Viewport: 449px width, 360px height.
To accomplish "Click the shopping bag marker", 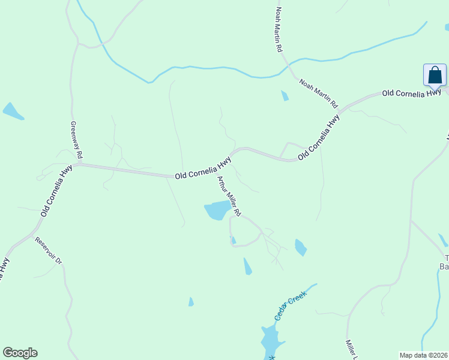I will click(x=435, y=76).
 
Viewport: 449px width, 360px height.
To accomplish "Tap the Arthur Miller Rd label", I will click(x=229, y=196).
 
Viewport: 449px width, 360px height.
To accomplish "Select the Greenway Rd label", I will click(x=76, y=139).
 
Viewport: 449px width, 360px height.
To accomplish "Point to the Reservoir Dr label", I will click(x=49, y=251).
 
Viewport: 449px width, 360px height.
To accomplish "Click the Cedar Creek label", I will click(x=291, y=305).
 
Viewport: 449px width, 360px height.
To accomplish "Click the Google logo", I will click(x=20, y=353).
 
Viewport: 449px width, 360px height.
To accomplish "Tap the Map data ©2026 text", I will click(x=423, y=355).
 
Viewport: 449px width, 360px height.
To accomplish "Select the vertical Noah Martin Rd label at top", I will click(x=279, y=29).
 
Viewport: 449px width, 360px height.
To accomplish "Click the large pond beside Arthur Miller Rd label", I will click(x=217, y=211).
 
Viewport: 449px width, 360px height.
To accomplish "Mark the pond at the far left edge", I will click(x=12, y=111).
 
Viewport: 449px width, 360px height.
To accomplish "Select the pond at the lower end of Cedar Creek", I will click(x=271, y=341).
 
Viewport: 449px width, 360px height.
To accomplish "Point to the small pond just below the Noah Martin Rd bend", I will click(x=285, y=95).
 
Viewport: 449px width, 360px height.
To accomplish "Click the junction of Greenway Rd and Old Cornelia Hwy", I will click(x=77, y=163).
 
